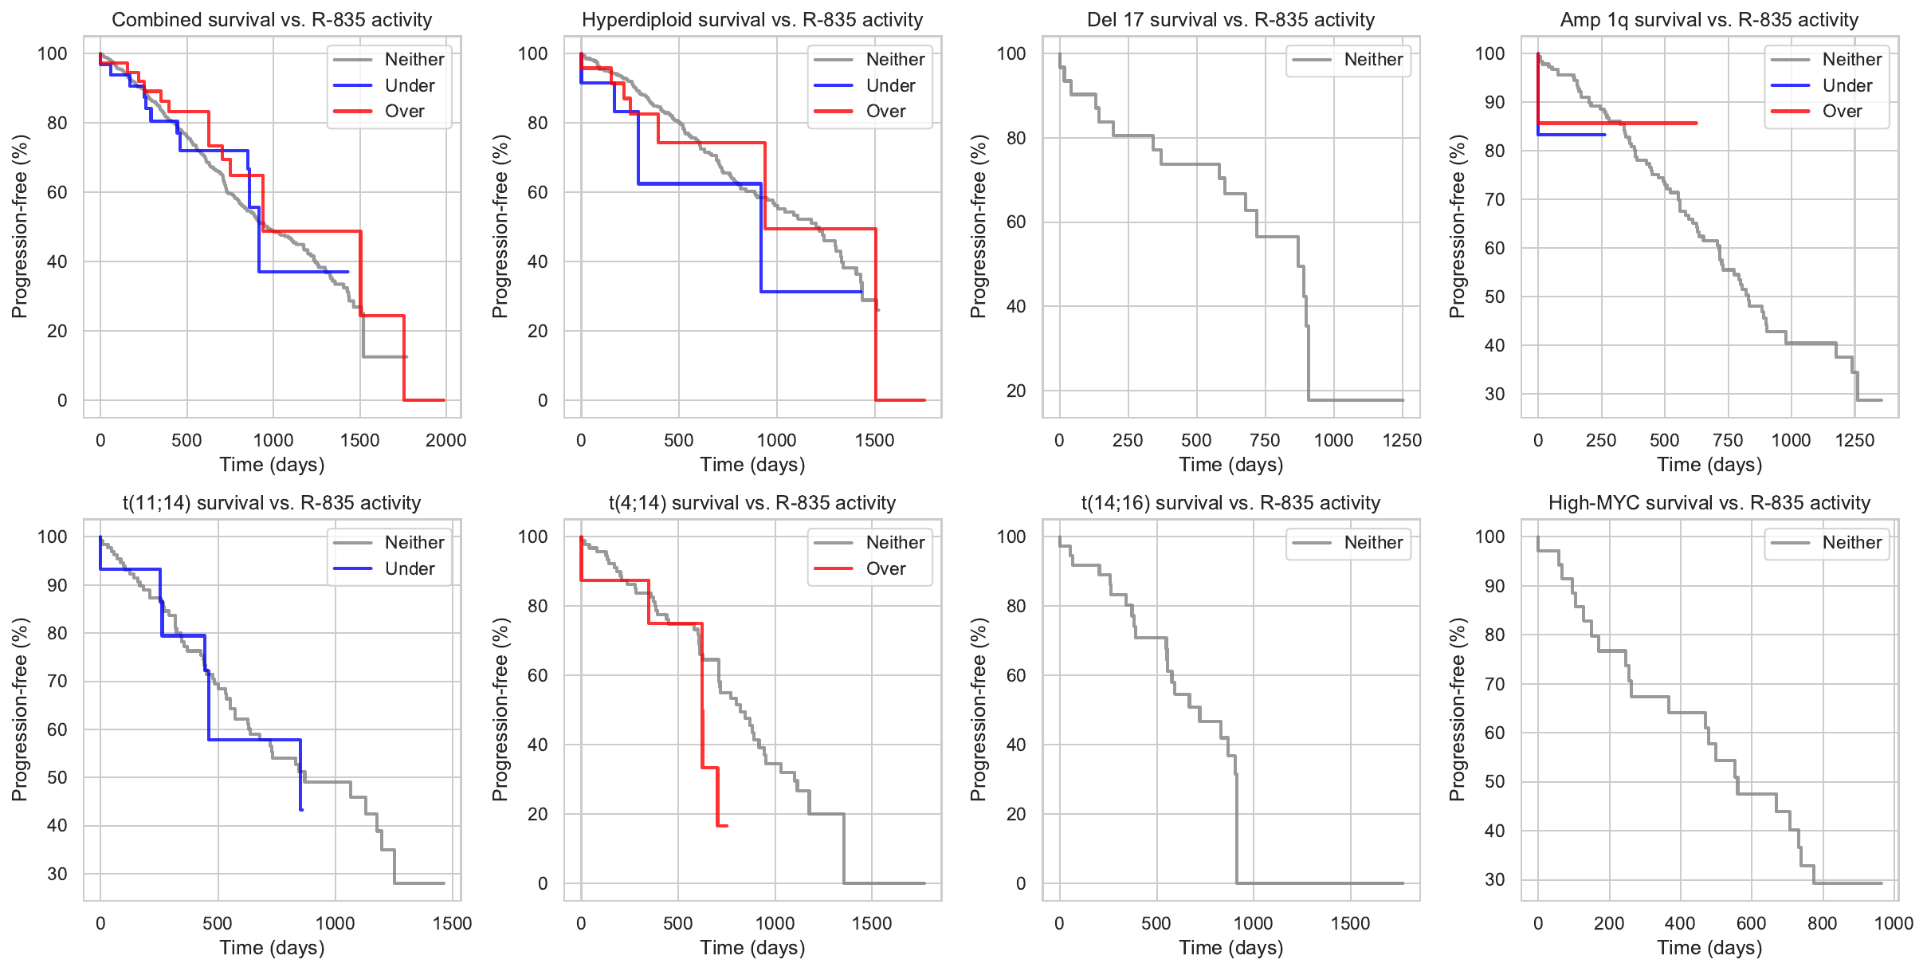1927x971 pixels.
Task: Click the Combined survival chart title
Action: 272,20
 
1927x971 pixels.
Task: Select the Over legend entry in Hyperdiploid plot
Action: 885,112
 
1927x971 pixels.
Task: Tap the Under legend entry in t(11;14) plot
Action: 409,568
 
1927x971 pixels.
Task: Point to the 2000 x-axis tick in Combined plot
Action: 445,440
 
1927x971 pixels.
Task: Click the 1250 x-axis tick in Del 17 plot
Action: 1402,440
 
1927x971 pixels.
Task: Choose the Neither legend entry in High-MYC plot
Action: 1850,543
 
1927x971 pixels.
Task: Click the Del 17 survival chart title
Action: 1230,20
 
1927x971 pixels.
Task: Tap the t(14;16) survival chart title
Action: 1230,503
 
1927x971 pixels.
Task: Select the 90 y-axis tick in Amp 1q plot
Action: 1489,102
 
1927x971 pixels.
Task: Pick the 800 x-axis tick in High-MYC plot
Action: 1822,923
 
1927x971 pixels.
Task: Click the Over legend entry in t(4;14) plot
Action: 885,568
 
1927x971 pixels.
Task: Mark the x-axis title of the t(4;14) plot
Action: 752,948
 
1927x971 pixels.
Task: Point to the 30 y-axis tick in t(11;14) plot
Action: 57,874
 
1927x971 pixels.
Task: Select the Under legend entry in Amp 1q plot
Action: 1847,85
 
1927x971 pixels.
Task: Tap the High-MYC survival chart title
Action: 1709,503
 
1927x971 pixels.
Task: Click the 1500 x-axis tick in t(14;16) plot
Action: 1350,923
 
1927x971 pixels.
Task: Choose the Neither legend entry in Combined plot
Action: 414,59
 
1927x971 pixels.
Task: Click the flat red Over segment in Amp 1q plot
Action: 1618,123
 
